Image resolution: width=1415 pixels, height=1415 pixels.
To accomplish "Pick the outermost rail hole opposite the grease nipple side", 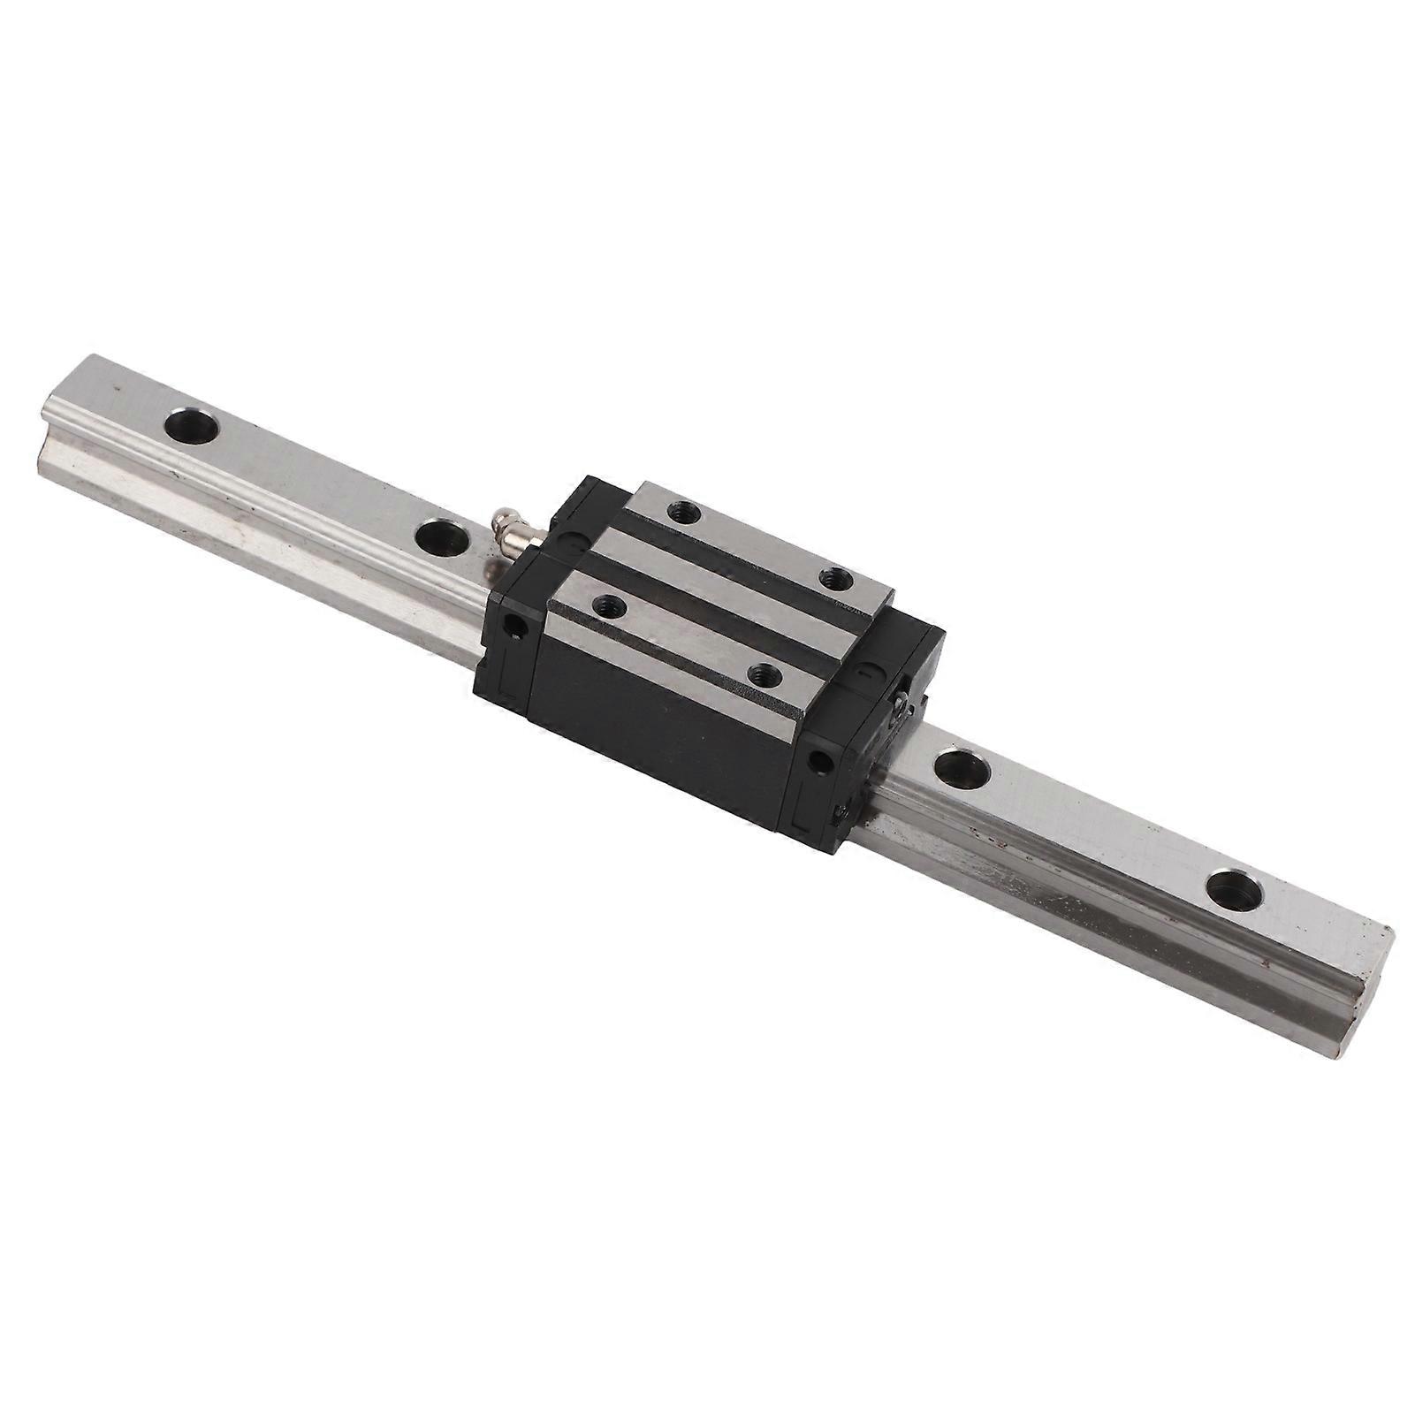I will click(x=1234, y=890).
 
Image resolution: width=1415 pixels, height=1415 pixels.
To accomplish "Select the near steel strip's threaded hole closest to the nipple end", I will click(x=606, y=605).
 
